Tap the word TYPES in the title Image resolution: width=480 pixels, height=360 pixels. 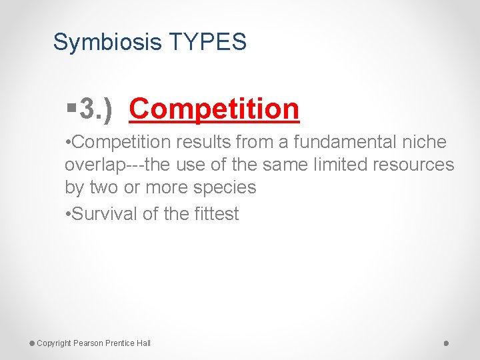[x=208, y=43]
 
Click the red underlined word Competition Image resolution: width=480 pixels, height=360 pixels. [x=214, y=109]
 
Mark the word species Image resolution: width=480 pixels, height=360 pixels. [x=224, y=187]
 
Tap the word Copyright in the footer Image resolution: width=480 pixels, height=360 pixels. [x=54, y=343]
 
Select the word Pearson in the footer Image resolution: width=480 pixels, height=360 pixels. [x=89, y=343]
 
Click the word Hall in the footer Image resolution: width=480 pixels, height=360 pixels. [x=143, y=343]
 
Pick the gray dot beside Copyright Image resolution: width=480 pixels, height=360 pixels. [x=31, y=343]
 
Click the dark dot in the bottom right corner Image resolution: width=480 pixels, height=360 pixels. [x=446, y=343]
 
